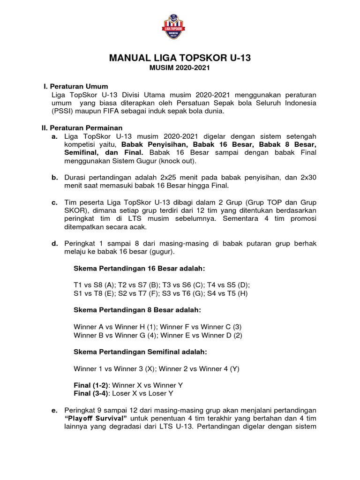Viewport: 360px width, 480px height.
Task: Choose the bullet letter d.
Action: pyautogui.click(x=54, y=243)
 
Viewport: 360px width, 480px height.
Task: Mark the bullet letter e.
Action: pyautogui.click(x=54, y=410)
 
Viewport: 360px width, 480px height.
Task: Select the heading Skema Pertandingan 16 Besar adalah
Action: pyautogui.click(x=139, y=269)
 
